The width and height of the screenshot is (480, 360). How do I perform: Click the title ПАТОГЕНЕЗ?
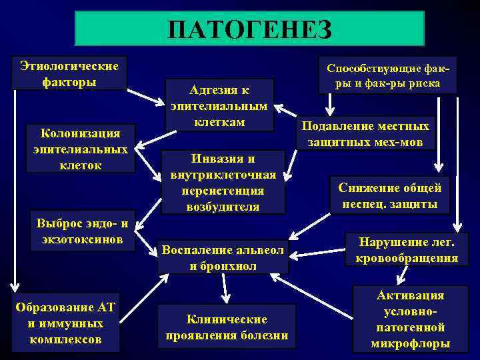click(x=249, y=29)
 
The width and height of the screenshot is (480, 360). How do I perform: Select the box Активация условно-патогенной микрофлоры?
click(x=410, y=319)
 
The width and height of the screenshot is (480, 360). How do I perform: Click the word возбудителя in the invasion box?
click(x=223, y=207)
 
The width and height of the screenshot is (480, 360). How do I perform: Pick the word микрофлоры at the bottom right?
click(x=410, y=344)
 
